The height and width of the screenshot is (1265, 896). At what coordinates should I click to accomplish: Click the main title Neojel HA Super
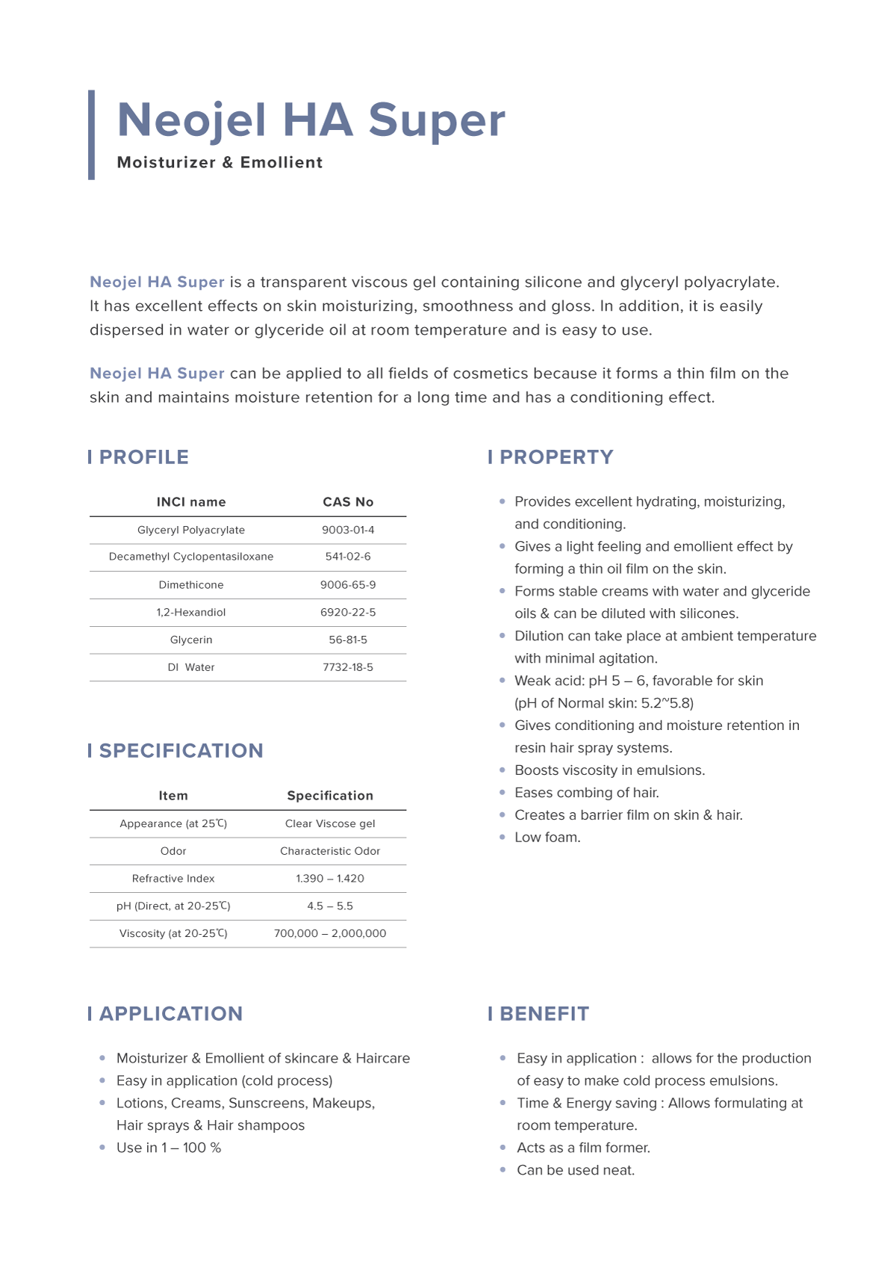(x=311, y=120)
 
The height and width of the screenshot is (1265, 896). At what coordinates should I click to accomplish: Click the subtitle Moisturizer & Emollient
(x=220, y=163)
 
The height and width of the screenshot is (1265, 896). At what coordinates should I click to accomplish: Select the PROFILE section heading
(x=143, y=457)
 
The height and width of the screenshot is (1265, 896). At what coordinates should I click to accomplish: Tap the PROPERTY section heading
(x=556, y=457)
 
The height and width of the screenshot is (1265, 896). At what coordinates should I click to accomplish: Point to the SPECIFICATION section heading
(x=181, y=751)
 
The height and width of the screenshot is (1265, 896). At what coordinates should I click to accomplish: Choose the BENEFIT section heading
(x=544, y=1014)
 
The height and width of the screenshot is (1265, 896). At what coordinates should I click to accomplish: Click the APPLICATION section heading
(x=170, y=1014)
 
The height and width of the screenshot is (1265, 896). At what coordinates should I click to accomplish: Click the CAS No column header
(x=348, y=502)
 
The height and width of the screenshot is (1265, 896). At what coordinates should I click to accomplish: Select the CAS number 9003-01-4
(x=348, y=530)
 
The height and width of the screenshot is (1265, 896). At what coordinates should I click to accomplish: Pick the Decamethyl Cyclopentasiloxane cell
(x=191, y=557)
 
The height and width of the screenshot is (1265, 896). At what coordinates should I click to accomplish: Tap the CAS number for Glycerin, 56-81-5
(x=348, y=640)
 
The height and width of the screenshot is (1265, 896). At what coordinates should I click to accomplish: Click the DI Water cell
(x=191, y=667)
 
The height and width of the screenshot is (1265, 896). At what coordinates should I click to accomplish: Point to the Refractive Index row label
(x=173, y=879)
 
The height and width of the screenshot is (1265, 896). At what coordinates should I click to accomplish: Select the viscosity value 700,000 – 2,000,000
(x=330, y=933)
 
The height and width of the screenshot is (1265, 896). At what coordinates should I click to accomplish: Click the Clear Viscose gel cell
(x=330, y=823)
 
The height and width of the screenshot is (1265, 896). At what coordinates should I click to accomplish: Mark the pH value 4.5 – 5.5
(x=330, y=906)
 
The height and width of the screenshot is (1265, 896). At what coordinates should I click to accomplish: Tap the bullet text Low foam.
(x=547, y=838)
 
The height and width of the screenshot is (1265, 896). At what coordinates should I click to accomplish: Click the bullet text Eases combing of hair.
(x=587, y=793)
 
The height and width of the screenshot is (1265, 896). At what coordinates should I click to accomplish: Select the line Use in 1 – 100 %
(x=169, y=1148)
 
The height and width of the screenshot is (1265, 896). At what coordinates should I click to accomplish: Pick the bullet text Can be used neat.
(x=576, y=1170)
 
